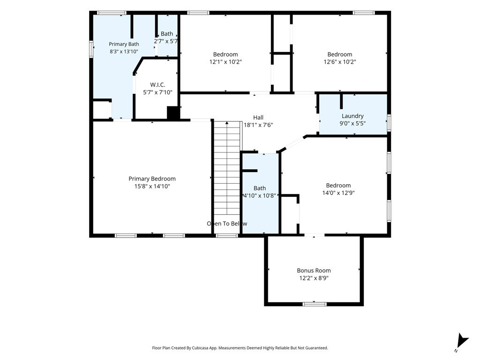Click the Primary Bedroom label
pos(152,179)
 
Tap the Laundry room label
pos(352,116)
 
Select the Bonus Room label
pos(314,270)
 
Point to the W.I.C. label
pos(157,85)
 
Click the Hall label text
pos(258,118)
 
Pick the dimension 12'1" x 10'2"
pos(225,62)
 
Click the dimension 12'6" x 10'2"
pos(340,62)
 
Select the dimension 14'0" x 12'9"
pos(338,193)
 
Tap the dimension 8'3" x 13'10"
pos(124,52)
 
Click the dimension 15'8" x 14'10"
pos(152,187)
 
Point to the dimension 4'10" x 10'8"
pos(260,195)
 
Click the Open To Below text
pos(227,224)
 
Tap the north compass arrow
pos(462,342)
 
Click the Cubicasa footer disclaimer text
pos(240,348)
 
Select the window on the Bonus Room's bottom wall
pos(315,304)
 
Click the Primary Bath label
pos(124,45)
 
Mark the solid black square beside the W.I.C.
pos(173,112)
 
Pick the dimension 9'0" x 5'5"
pos(352,124)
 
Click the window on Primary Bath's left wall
pos(91,49)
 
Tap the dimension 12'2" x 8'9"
pos(314,278)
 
